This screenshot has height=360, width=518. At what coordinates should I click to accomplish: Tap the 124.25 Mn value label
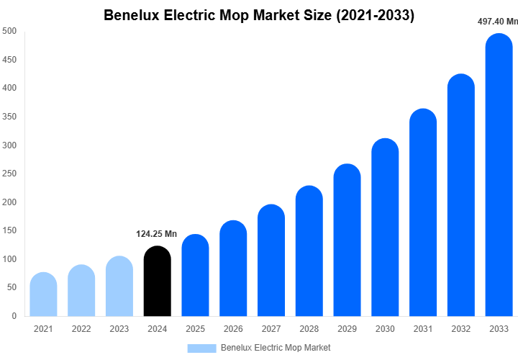coord(157,234)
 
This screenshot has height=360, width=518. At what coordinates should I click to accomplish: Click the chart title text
coord(259,15)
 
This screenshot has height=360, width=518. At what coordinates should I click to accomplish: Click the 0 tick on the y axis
coord(14,315)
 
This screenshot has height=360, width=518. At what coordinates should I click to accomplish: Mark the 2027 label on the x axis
coord(271,329)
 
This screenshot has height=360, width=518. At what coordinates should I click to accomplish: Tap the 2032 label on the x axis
coord(461,329)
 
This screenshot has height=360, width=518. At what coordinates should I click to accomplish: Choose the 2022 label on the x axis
coord(81,329)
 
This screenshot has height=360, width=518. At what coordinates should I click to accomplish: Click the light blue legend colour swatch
coord(201,348)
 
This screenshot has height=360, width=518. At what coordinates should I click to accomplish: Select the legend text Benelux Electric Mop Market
coord(276,348)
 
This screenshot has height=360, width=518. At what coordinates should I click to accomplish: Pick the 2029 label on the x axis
coord(347,329)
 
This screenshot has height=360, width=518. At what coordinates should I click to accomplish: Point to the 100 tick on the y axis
coord(9,259)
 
